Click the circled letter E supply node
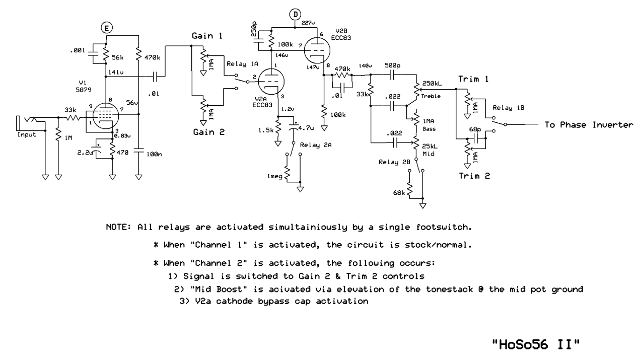(x=107, y=28)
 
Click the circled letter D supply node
(x=295, y=14)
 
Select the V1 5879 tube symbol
(x=106, y=116)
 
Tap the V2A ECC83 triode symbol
(x=271, y=82)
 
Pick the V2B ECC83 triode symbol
(x=317, y=50)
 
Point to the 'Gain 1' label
(x=207, y=36)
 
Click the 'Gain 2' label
(x=209, y=132)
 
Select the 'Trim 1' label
(x=473, y=79)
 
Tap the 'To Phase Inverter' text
(x=589, y=125)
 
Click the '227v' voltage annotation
(x=308, y=23)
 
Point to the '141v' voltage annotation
(x=116, y=72)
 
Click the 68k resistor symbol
(x=409, y=189)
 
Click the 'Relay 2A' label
(x=316, y=145)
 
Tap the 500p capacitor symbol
(x=392, y=75)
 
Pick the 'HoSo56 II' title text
(x=536, y=345)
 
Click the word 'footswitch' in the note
(x=444, y=227)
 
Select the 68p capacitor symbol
(x=476, y=138)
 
